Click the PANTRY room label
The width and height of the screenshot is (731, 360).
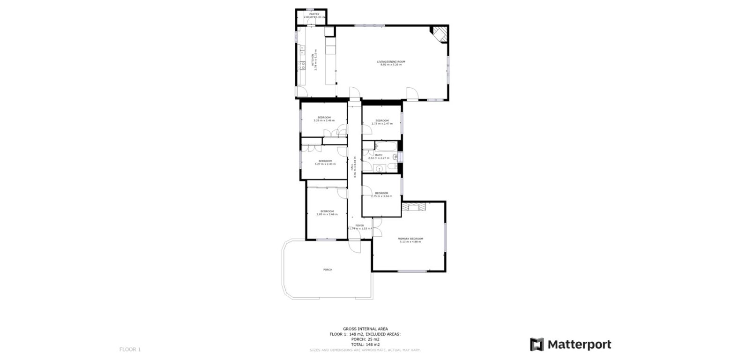click(314, 14)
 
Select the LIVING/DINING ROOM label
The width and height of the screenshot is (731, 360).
click(391, 61)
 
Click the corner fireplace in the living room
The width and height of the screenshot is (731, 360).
click(440, 34)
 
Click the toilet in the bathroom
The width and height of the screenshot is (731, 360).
click(395, 165)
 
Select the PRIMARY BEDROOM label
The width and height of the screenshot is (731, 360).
click(410, 239)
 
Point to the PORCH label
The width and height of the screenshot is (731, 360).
click(328, 270)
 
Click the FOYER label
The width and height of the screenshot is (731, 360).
click(359, 225)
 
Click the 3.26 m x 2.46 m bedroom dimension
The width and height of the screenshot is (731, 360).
click(324, 120)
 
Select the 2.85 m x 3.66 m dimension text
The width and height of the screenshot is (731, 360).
click(327, 214)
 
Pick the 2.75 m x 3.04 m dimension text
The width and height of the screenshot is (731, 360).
click(381, 196)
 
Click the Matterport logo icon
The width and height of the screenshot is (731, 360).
click(537, 345)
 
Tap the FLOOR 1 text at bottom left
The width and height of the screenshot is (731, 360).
click(130, 349)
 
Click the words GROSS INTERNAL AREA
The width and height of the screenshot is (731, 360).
click(365, 329)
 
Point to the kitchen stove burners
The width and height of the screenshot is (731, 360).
click(302, 66)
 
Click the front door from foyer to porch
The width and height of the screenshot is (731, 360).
click(355, 244)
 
